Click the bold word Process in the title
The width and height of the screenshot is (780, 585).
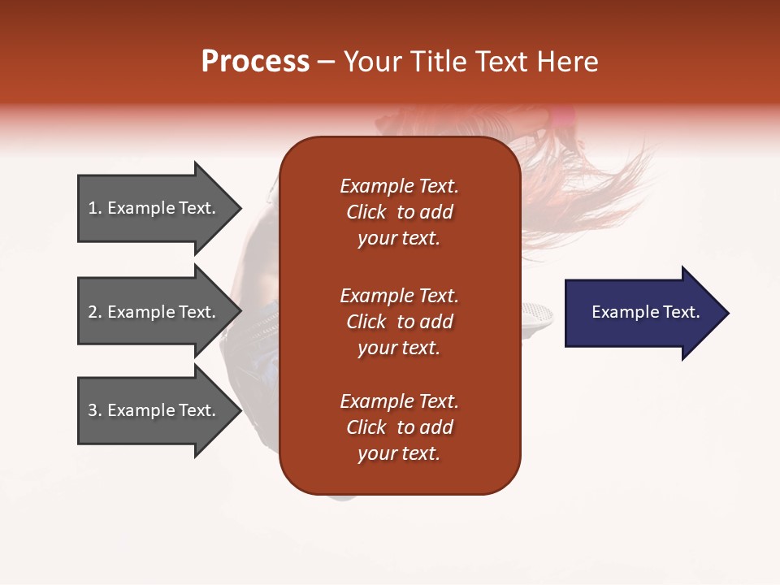(255, 62)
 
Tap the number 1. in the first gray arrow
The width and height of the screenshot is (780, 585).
(94, 209)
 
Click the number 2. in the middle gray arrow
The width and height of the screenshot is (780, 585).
(94, 313)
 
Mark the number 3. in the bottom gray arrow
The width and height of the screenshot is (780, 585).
(94, 411)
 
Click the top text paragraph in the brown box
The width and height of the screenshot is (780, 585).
(399, 212)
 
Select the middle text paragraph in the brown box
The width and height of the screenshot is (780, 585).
(399, 322)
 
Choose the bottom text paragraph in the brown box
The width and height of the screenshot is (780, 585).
(399, 427)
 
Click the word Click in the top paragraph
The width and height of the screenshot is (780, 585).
(366, 212)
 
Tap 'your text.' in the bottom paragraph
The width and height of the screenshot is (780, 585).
(399, 453)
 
